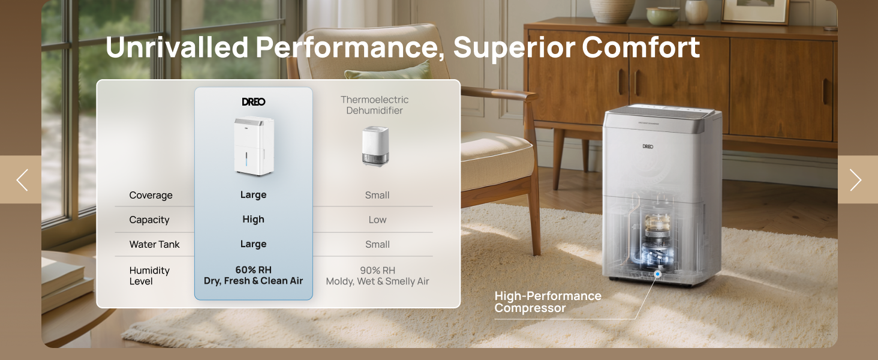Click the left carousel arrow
click(22, 180)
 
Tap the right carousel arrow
click(856, 180)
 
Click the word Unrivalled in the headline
click(176, 47)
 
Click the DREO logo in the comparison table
click(253, 102)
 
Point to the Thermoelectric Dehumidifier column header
click(375, 105)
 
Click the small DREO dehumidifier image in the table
click(254, 146)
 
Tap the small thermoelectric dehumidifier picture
click(375, 146)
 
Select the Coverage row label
click(151, 196)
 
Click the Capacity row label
click(149, 220)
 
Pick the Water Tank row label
click(154, 245)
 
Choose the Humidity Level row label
click(149, 276)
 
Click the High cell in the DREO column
click(253, 220)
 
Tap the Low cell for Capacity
click(377, 220)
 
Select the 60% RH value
click(253, 270)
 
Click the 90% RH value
click(377, 271)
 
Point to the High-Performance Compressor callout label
click(548, 302)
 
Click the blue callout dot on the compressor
click(657, 274)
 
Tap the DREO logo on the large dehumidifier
click(648, 146)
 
